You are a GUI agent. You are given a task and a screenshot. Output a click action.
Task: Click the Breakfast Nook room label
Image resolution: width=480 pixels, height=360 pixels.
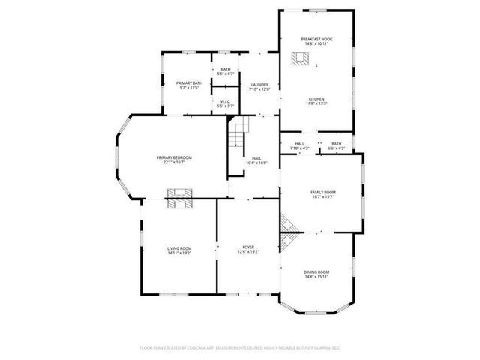pos(316,40)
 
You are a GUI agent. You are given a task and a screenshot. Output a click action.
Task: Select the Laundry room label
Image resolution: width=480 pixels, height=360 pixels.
pos(259,84)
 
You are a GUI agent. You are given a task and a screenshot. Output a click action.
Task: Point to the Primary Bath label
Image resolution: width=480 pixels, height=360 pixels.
pos(189,83)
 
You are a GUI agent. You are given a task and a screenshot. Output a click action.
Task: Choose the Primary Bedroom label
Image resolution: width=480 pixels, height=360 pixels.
pos(174,157)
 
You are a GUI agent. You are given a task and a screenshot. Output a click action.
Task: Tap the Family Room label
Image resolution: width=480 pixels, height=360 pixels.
pos(323,193)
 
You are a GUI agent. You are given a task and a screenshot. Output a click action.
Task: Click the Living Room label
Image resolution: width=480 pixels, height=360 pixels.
pos(179,248)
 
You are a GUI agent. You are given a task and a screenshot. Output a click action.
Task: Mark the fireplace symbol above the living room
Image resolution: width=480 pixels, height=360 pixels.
pos(179,196)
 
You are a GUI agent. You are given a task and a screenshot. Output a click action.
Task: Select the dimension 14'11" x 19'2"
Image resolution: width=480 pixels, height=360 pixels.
pos(179,253)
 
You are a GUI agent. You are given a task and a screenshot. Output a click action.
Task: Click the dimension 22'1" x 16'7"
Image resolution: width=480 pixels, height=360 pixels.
pos(174,162)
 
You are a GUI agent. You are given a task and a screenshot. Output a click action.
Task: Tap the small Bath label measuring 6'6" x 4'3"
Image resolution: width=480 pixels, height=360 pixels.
pos(336,143)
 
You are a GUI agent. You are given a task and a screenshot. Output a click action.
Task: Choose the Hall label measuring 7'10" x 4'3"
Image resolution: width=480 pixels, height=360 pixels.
pos(299,143)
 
